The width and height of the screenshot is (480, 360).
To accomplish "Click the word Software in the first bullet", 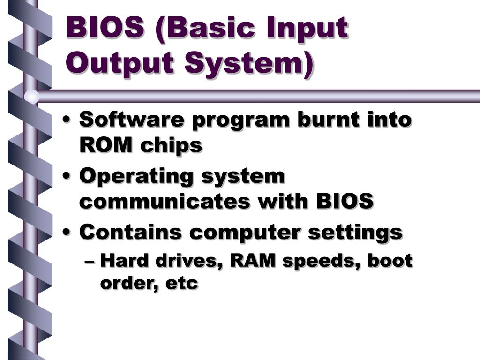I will pyautogui.click(x=130, y=120).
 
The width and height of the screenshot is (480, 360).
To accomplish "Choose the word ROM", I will pyautogui.click(x=106, y=145).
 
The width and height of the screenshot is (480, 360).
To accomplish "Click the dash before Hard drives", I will pyautogui.click(x=92, y=261).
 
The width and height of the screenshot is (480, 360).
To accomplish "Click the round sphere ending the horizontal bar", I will pyautogui.click(x=31, y=96).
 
